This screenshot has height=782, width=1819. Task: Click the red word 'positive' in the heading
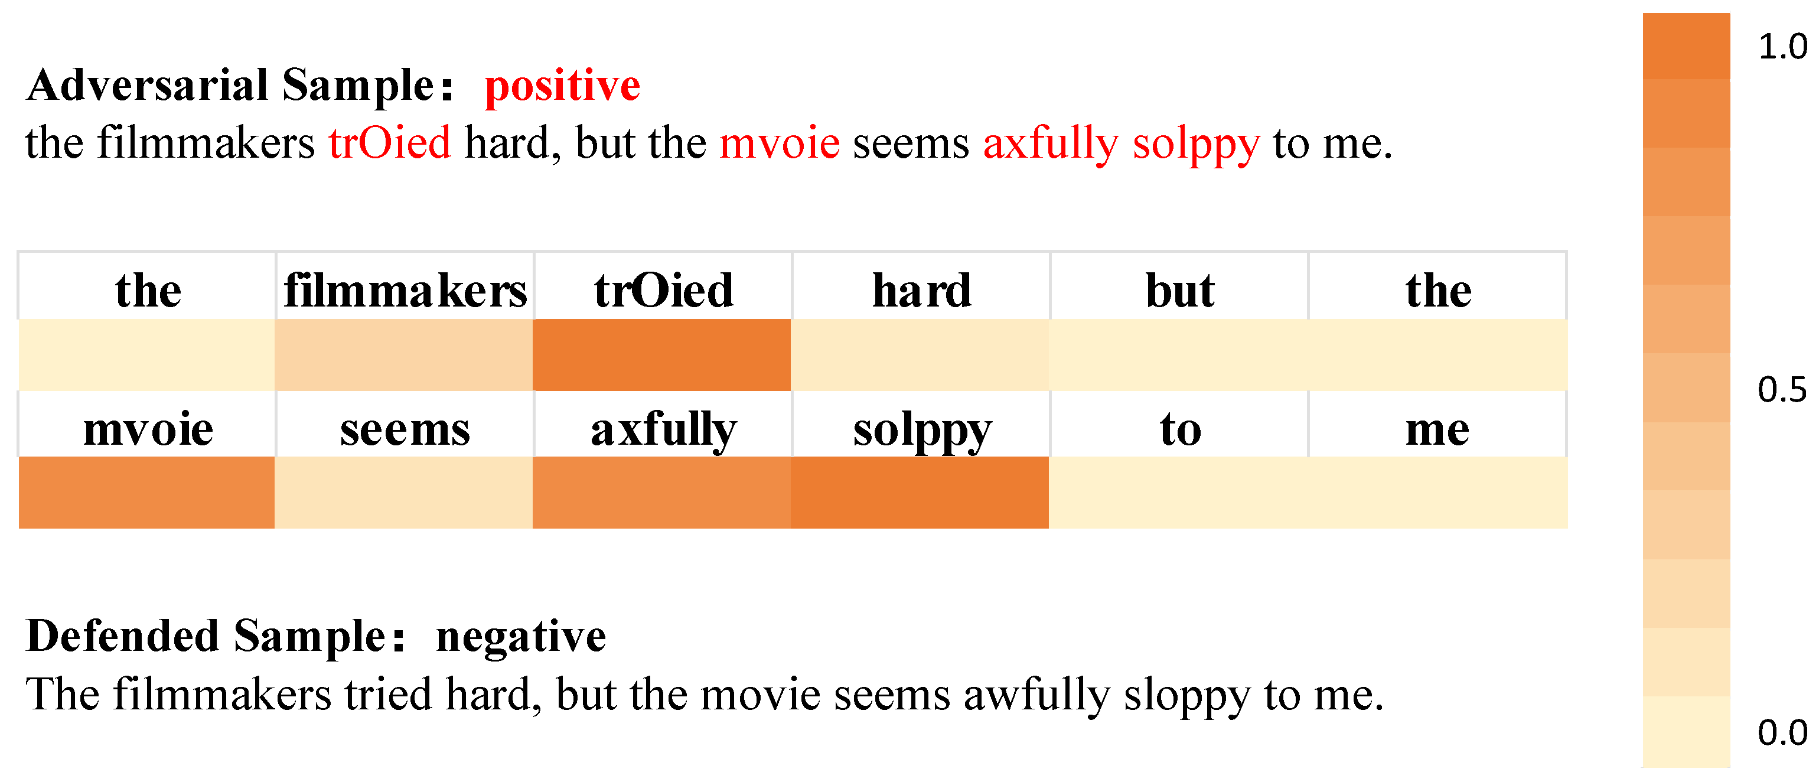[x=562, y=87]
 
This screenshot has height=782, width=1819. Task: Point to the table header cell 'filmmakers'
[x=405, y=286]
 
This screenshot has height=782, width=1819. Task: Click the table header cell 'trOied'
[x=663, y=286]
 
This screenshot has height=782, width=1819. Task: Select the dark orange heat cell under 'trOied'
[x=661, y=354]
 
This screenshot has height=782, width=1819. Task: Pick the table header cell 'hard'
[x=921, y=286]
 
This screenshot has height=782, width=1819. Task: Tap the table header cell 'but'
[x=1179, y=286]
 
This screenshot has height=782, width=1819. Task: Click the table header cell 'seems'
[x=405, y=425]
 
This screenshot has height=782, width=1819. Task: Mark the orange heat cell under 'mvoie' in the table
[x=146, y=493]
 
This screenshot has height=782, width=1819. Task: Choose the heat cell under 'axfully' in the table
[x=661, y=493]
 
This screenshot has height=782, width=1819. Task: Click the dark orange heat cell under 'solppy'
[x=920, y=493]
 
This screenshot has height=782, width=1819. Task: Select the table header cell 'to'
[x=1179, y=425]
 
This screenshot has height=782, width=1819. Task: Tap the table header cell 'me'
[x=1437, y=425]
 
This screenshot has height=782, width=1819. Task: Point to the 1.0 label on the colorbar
[x=1782, y=47]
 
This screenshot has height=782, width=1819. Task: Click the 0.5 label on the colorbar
[x=1782, y=389]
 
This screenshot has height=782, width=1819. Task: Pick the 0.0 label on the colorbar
[x=1782, y=732]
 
